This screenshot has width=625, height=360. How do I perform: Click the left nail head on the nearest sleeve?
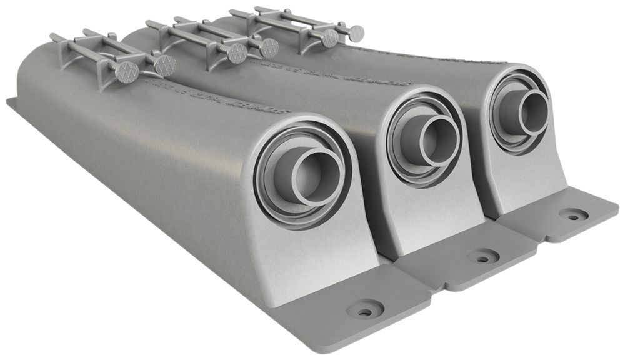[x=127, y=72]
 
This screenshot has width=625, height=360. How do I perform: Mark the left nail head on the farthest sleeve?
[x=329, y=38]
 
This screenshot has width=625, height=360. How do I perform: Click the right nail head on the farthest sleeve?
[x=356, y=32]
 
